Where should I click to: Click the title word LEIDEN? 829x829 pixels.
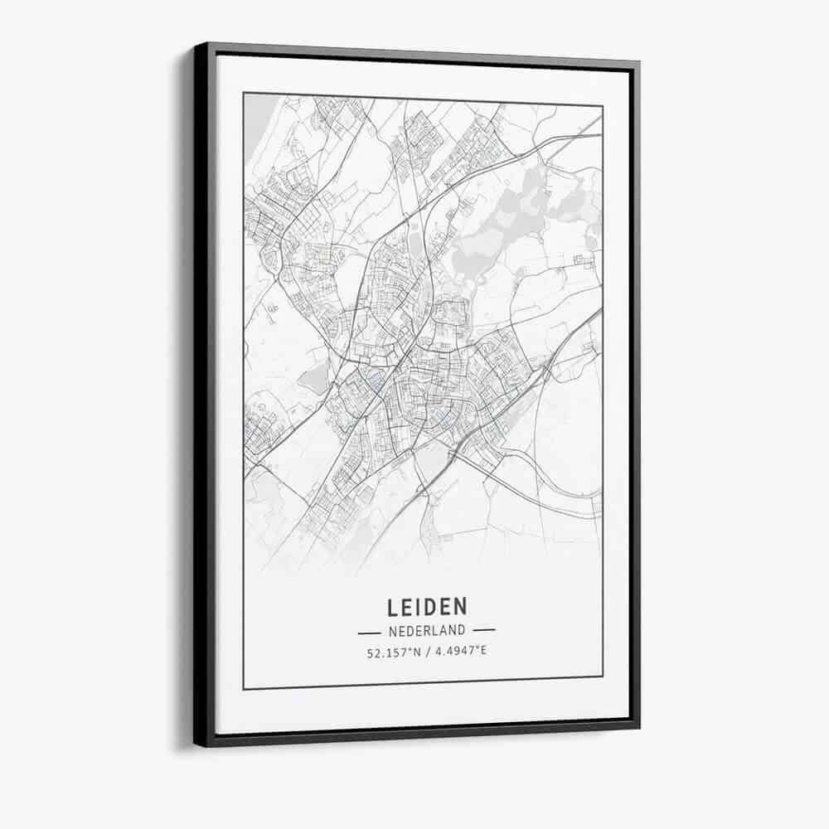(x=426, y=608)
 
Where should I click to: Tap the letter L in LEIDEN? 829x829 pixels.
(x=392, y=608)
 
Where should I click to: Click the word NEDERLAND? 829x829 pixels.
(x=426, y=631)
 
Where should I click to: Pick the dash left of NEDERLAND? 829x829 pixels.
(x=369, y=632)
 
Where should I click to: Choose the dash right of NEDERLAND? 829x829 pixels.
(x=483, y=630)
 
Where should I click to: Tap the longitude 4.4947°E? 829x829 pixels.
(x=460, y=651)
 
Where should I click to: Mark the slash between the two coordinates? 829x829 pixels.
(x=426, y=652)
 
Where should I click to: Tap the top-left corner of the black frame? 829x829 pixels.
(x=196, y=45)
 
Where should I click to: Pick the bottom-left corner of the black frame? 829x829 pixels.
(x=196, y=744)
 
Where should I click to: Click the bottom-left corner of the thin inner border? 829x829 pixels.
(x=244, y=689)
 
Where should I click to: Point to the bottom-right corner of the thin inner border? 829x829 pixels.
(x=603, y=676)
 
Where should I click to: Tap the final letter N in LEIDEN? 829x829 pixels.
(x=461, y=607)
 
